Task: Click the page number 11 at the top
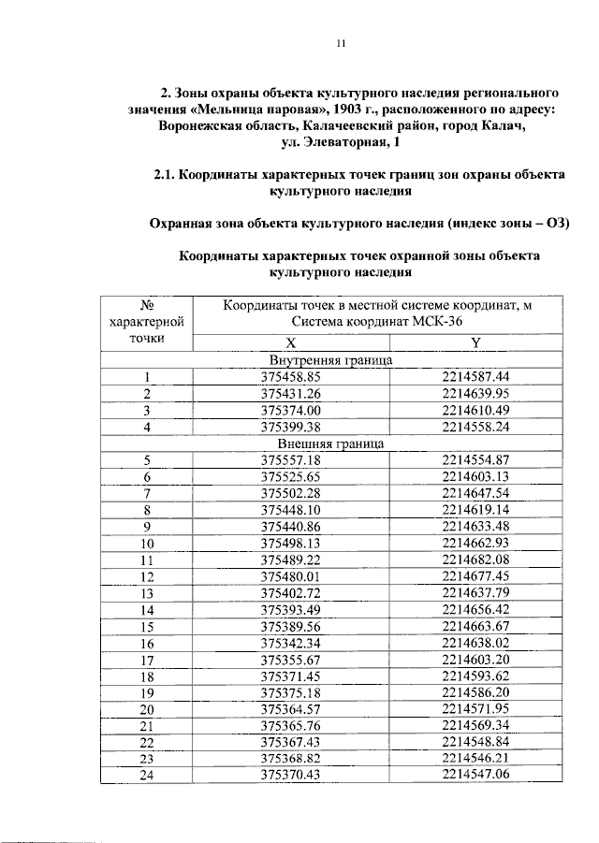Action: click(341, 44)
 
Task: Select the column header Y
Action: click(475, 342)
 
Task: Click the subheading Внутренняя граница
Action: click(330, 360)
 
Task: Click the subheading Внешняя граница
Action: click(330, 443)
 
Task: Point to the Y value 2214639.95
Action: click(475, 394)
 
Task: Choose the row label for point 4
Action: click(147, 427)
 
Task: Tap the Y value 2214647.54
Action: click(475, 493)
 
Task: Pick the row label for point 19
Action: click(147, 692)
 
